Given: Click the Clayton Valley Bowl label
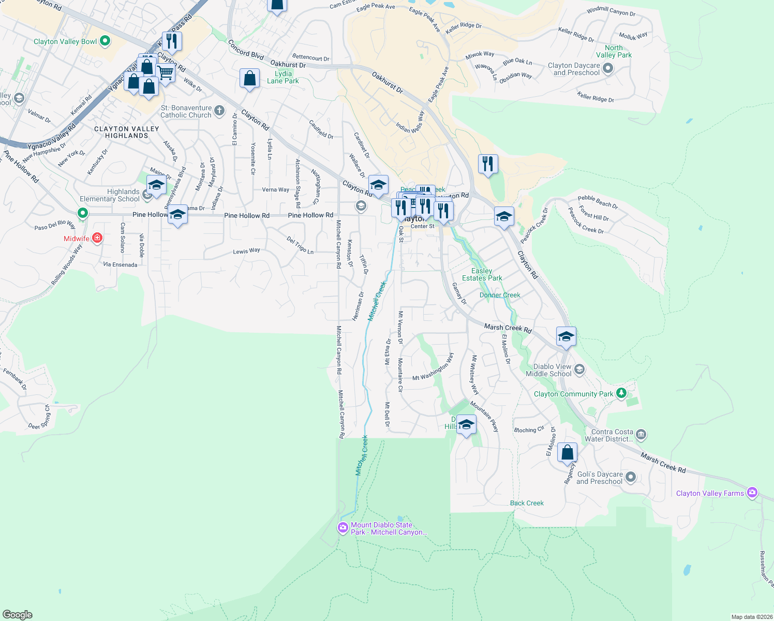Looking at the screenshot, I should click(65, 41).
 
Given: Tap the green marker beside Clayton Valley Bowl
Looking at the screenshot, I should click(105, 41).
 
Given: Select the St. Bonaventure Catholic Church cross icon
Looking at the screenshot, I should click(219, 111).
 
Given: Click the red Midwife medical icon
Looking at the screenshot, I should click(97, 238).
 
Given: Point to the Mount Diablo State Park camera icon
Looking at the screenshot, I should click(343, 528).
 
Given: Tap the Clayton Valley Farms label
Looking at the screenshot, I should click(710, 493).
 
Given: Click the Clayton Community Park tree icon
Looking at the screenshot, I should click(622, 393).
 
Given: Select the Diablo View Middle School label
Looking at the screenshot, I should click(548, 370).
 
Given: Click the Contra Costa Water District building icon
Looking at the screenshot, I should click(641, 434).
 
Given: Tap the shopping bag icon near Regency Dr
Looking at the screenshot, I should click(567, 452).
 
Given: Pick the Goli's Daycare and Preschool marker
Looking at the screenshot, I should click(630, 477).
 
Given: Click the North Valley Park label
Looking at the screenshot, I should click(614, 51).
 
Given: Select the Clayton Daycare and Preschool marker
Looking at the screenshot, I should click(608, 68).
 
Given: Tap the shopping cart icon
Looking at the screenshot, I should click(166, 72).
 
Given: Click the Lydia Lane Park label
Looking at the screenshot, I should click(283, 77).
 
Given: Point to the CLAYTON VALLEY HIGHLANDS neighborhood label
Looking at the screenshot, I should click(127, 132).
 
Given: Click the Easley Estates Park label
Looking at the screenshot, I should click(482, 274).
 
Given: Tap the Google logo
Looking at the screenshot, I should click(18, 614).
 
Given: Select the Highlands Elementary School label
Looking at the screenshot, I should click(110, 195).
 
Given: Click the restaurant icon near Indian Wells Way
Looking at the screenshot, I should click(488, 164).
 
